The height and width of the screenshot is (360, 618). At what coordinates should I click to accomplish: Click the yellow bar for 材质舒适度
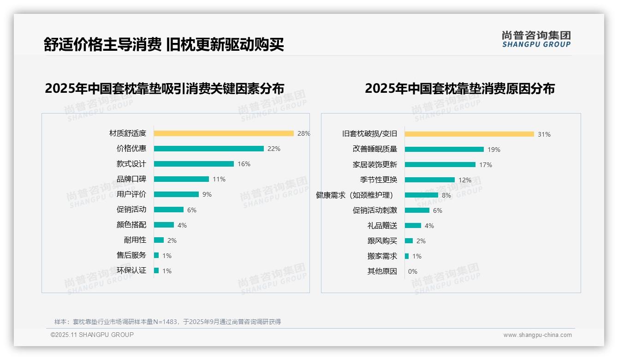click(224, 133)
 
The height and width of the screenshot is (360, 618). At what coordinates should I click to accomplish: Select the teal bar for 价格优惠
click(208, 149)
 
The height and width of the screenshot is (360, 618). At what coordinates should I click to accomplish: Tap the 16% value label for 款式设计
click(244, 164)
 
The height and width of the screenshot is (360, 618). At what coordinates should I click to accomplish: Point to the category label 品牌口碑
click(131, 179)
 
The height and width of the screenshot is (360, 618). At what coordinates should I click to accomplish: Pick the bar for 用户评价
click(176, 194)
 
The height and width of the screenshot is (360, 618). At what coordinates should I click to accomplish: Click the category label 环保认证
click(131, 270)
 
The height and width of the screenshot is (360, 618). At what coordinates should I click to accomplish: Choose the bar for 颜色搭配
click(164, 225)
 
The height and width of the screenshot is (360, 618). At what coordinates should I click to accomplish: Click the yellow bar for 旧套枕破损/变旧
click(469, 134)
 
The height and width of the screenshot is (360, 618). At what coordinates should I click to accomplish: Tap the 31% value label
click(544, 134)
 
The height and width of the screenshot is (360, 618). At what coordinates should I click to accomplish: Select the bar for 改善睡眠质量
click(444, 150)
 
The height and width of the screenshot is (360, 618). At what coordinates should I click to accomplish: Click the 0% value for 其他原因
click(413, 271)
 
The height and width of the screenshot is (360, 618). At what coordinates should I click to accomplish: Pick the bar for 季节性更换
click(430, 180)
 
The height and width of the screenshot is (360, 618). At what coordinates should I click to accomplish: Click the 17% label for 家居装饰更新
click(486, 165)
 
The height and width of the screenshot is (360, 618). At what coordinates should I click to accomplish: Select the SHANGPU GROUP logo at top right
click(536, 39)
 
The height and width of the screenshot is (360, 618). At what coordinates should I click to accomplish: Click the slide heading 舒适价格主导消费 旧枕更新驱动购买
click(164, 44)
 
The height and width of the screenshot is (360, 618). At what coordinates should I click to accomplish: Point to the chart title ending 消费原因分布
click(460, 88)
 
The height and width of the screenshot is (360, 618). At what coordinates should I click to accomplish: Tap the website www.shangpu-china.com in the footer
click(537, 335)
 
